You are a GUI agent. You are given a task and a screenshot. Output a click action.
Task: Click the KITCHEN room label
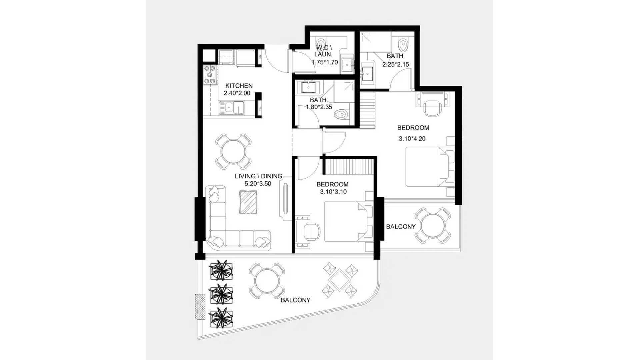tap(239, 86)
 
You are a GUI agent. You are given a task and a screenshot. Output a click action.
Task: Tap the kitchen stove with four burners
tap(210, 75)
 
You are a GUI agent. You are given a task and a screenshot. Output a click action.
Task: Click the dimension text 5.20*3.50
tap(258, 183)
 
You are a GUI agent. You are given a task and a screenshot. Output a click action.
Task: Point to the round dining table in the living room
tap(233, 152)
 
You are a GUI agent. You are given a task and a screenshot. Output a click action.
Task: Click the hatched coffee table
tap(248, 202)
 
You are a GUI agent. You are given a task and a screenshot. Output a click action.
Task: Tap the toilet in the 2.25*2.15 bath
tap(403, 43)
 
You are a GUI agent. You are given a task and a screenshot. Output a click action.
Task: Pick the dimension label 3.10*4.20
tap(412, 139)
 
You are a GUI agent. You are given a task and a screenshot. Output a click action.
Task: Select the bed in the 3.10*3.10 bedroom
tap(349, 221)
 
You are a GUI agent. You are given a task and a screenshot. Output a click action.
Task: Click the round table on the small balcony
tap(433, 226)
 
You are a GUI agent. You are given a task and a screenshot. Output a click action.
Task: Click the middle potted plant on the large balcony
tap(221, 294)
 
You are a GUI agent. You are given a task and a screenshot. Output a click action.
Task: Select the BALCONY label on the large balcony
tap(295, 300)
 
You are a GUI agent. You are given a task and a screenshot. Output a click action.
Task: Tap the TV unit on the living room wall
tap(286, 199)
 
